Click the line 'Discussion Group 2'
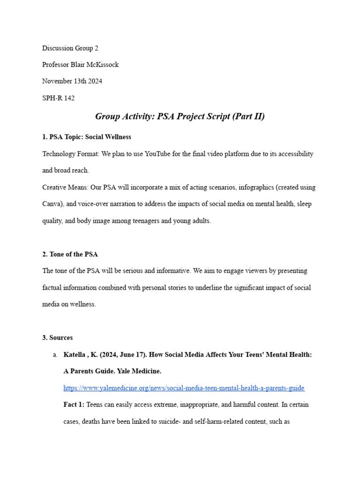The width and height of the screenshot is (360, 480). (70, 48)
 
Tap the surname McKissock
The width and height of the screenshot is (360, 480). (101, 65)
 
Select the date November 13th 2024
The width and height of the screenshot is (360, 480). (72, 81)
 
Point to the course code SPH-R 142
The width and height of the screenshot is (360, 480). (59, 98)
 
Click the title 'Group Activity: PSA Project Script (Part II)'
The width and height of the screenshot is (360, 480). (180, 116)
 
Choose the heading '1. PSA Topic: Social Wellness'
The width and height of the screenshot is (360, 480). (87, 137)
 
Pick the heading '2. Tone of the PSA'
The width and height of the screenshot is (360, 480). (70, 254)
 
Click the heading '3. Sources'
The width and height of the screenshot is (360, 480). (57, 337)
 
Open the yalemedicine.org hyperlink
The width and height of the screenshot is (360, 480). (184, 388)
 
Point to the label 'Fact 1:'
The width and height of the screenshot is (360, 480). (74, 405)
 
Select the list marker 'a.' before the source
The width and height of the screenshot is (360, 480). (55, 354)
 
